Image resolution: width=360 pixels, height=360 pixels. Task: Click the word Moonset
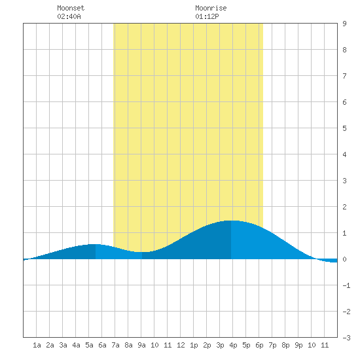(x=71, y=8)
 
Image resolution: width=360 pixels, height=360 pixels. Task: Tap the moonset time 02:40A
(x=69, y=16)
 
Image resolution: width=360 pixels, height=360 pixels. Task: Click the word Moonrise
(x=211, y=8)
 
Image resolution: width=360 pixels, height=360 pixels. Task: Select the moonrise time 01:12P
(x=207, y=16)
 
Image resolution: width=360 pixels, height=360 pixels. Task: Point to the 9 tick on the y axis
(x=344, y=24)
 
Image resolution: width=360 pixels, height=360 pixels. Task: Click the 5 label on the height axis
(x=344, y=128)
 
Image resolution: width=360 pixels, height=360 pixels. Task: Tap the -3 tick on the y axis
(x=346, y=338)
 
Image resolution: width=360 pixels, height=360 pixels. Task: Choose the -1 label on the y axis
(x=346, y=285)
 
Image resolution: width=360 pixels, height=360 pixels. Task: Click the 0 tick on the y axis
(x=344, y=259)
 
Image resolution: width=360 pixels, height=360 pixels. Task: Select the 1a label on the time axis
(x=37, y=345)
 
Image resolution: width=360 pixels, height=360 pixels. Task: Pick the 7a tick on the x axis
(x=115, y=345)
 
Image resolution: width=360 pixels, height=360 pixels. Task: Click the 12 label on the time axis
(x=181, y=345)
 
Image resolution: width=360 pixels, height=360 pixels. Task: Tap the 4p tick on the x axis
(x=233, y=345)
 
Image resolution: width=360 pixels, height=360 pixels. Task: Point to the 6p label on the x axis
(x=259, y=345)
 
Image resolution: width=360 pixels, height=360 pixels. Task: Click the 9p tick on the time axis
(x=298, y=345)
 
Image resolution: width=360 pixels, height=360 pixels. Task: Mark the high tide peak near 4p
(x=231, y=221)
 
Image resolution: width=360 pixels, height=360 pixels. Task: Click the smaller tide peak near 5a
(x=96, y=244)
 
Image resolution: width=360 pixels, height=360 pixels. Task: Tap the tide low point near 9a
(x=142, y=252)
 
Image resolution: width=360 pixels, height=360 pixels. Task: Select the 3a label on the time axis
(x=63, y=345)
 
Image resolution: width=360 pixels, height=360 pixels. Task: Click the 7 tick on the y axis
(x=344, y=76)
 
